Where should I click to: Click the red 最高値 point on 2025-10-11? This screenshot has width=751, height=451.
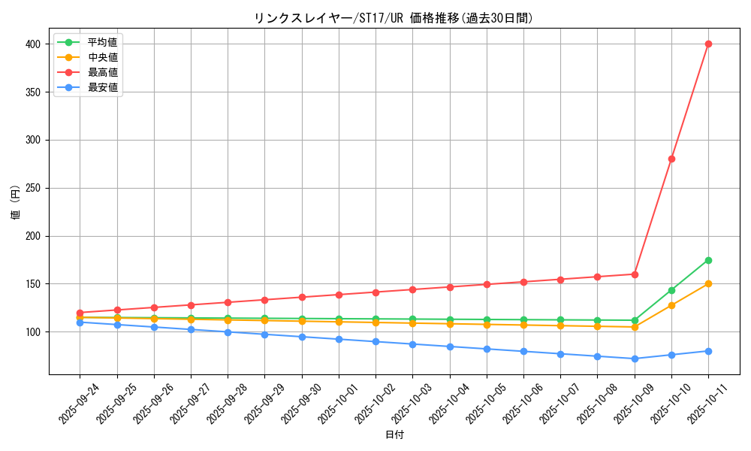(708, 44)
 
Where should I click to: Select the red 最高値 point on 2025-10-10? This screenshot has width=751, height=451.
(671, 159)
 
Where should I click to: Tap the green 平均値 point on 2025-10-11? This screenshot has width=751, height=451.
(708, 260)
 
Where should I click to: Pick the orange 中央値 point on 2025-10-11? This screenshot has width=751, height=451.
(708, 283)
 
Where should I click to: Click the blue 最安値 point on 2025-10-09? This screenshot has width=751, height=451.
(635, 359)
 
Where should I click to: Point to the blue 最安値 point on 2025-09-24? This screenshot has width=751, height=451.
(80, 322)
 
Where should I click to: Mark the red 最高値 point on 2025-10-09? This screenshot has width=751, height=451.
(635, 274)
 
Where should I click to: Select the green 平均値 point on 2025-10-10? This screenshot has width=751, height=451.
(671, 290)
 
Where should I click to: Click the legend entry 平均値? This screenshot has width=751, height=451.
(102, 42)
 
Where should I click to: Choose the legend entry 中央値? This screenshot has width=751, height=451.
(102, 57)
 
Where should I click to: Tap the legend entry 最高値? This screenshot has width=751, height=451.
(102, 72)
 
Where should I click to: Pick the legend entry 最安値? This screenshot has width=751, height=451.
(102, 87)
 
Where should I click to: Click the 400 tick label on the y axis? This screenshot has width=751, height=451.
(32, 44)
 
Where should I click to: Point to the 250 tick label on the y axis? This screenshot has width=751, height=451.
(32, 188)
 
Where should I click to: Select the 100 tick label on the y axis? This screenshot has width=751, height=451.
(32, 332)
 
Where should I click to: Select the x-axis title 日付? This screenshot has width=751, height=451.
(394, 435)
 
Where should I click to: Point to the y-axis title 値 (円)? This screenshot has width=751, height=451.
(15, 203)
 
